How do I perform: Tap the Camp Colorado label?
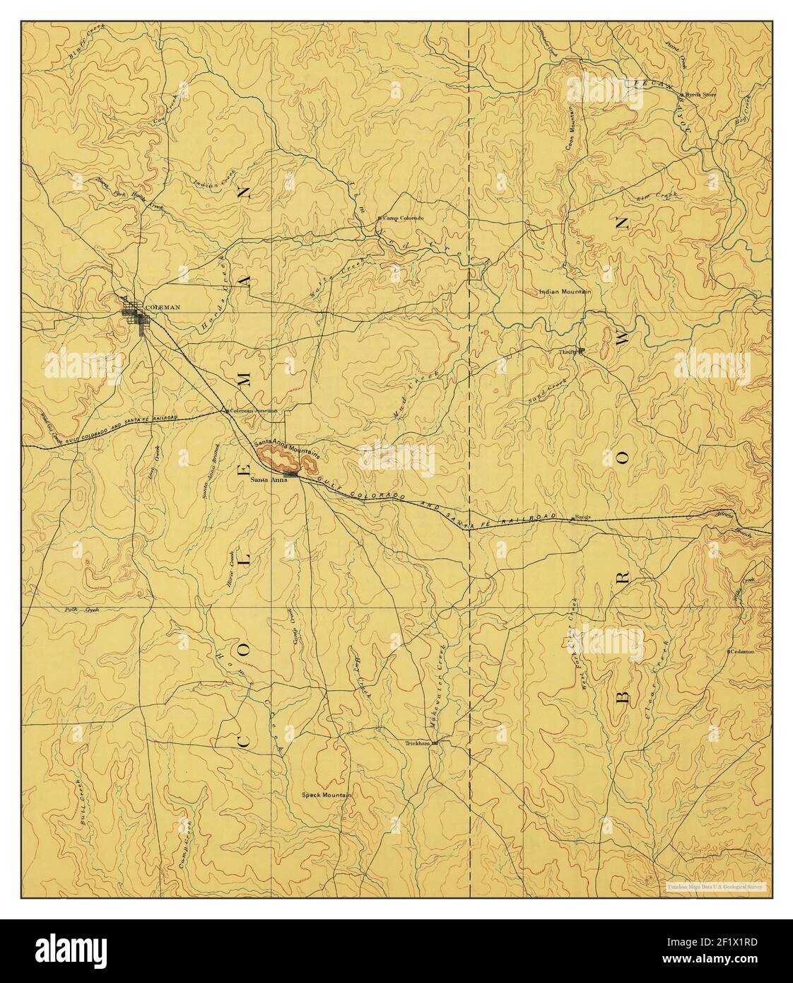tap(403, 218)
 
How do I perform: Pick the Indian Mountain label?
tap(565, 291)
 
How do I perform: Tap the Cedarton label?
tap(743, 651)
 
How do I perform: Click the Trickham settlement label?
tap(418, 744)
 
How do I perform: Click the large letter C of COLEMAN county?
tap(242, 747)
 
